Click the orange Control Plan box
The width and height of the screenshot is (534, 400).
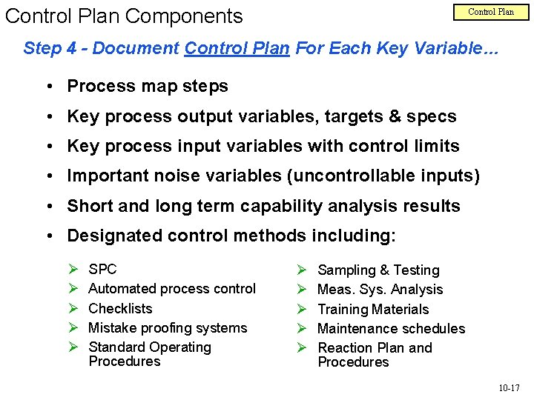point(490,12)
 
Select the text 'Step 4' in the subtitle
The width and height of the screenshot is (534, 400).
point(49,49)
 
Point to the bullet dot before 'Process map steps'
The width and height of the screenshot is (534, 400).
point(47,87)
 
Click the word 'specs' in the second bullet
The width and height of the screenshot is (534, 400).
point(434,116)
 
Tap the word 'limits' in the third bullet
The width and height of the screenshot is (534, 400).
point(434,146)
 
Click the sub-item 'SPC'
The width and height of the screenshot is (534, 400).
point(102,269)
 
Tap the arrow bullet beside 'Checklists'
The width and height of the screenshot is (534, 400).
point(73,309)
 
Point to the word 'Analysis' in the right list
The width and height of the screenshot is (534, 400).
point(416,290)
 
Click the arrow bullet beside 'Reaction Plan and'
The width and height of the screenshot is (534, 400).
point(302,348)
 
